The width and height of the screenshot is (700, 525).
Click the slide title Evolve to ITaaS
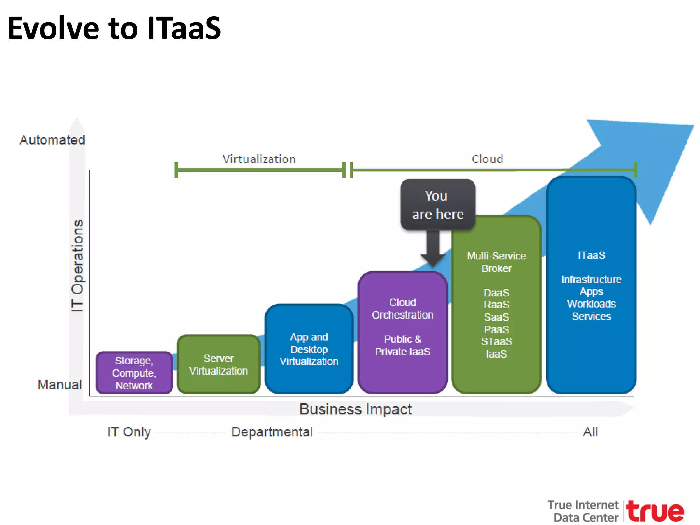pos(114,28)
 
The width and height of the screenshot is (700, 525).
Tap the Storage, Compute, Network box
pos(134,373)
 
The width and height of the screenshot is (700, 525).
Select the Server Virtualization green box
pos(219,365)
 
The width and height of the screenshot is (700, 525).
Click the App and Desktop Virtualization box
pos(309,349)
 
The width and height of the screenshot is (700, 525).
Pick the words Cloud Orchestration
pos(402,309)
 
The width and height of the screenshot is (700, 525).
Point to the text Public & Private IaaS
pos(402,346)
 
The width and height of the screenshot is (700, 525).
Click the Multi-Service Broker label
pos(496,262)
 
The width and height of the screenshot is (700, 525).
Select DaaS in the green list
pos(496,293)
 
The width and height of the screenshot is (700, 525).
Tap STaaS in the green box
pos(496,341)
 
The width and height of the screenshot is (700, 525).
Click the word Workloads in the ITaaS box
pos(591,304)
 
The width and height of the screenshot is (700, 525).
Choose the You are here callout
pos(437,205)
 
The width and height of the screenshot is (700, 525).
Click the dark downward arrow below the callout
pos(433,250)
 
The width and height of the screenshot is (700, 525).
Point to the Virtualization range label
pos(259,159)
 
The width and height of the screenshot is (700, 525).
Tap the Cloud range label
pos(487,159)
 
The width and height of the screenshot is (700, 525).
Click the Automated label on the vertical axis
pos(52,140)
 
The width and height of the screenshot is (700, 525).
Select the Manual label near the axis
pos(60,385)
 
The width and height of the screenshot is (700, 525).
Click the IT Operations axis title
pos(78,266)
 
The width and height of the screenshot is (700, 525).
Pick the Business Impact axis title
pos(355,409)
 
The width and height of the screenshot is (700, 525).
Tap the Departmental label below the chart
pos(272,432)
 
